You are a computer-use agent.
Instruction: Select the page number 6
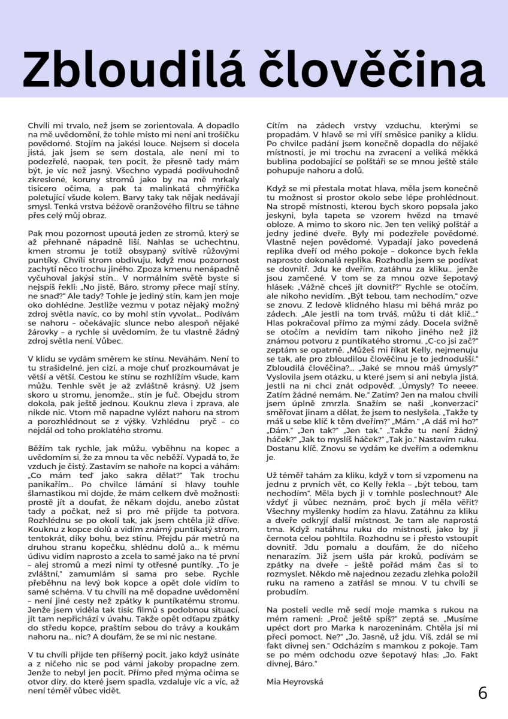click(x=483, y=693)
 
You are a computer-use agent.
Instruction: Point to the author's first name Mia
click(x=274, y=681)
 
